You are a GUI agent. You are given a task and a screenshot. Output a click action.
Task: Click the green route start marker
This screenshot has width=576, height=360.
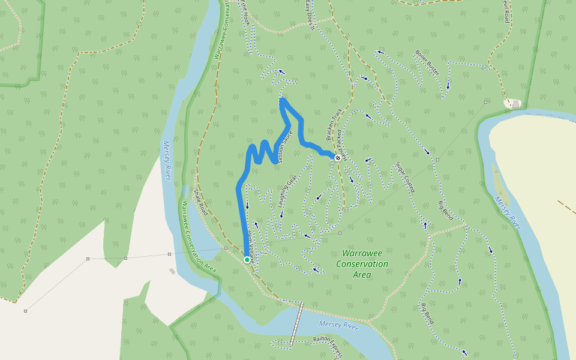[x=247, y=259]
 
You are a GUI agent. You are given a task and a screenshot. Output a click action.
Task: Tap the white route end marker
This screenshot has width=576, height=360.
[x=338, y=158]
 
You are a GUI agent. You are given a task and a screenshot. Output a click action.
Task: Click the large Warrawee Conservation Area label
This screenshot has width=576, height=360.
[x=362, y=264]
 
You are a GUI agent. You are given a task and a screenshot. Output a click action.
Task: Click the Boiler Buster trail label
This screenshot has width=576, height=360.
[x=427, y=62]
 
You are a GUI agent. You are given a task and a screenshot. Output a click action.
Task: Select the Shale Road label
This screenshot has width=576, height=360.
[x=200, y=202]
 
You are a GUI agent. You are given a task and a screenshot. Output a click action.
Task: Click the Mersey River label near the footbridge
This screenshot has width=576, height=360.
[x=338, y=325]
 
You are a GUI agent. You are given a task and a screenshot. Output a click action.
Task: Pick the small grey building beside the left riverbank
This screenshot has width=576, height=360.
[x=172, y=271]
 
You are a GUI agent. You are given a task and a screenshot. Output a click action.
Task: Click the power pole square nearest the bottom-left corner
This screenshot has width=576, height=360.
[x=25, y=311]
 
